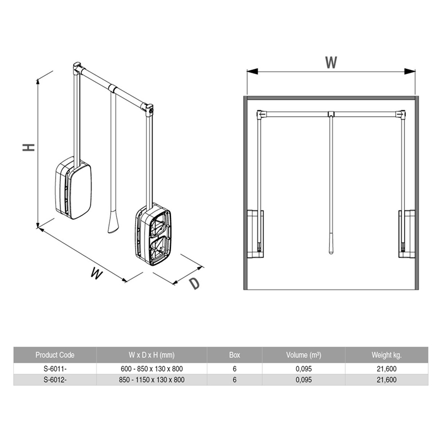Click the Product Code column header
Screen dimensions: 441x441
pyautogui.click(x=55, y=355)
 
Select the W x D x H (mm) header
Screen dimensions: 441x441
pyautogui.click(x=152, y=355)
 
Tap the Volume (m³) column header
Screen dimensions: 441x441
pyautogui.click(x=304, y=355)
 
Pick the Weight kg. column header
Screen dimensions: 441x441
pyautogui.click(x=386, y=355)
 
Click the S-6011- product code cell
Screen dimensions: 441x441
pyautogui.click(x=55, y=369)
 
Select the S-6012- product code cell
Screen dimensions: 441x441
pyautogui.click(x=55, y=380)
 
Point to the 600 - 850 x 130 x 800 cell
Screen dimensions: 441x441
pyautogui.click(x=152, y=369)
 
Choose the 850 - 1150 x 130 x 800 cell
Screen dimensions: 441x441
pyautogui.click(x=152, y=380)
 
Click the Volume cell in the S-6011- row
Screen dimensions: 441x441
pyautogui.click(x=304, y=369)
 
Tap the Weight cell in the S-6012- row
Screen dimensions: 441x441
pyautogui.click(x=387, y=380)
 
